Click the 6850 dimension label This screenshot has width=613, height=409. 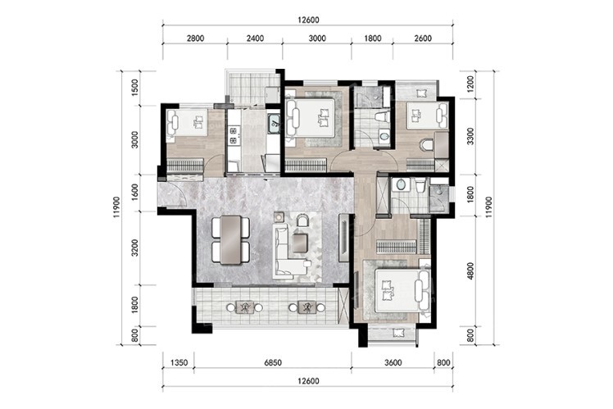pos(272,363)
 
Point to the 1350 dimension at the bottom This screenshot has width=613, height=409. pos(179,363)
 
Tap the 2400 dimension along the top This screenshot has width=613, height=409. pos(255,39)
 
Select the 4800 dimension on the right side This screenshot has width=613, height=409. pos(470,270)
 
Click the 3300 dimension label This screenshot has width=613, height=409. pos(470,136)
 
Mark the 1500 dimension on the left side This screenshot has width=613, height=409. pos(135,87)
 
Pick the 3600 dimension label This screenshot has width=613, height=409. pos(393,363)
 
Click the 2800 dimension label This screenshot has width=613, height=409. pos(195,39)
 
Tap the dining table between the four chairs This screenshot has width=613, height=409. pos(230,239)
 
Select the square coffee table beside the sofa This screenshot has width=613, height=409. pos(300,243)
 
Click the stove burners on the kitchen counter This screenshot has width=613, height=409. pos(234,135)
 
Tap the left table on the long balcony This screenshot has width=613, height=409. pos(244,307)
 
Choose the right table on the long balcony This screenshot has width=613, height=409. pos(306,307)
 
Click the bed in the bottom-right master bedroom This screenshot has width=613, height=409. pos(399,290)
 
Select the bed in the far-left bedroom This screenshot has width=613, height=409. pos(188,122)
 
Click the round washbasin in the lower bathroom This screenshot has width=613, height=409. pos(400,184)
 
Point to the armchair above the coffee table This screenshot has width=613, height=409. pos(302,220)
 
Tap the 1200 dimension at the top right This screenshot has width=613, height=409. pos(470,84)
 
